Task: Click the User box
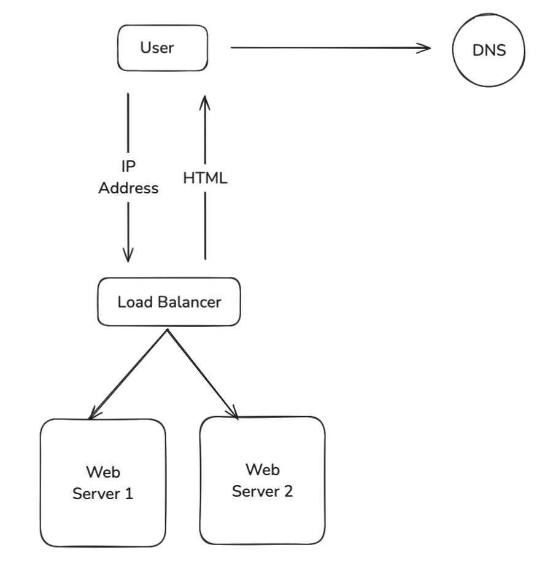pos(162,48)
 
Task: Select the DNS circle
pos(489,50)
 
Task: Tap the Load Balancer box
pos(169,302)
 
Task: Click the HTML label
pos(205,179)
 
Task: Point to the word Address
pos(129,188)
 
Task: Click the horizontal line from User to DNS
pos(325,48)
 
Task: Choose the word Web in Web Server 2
pos(262,470)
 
